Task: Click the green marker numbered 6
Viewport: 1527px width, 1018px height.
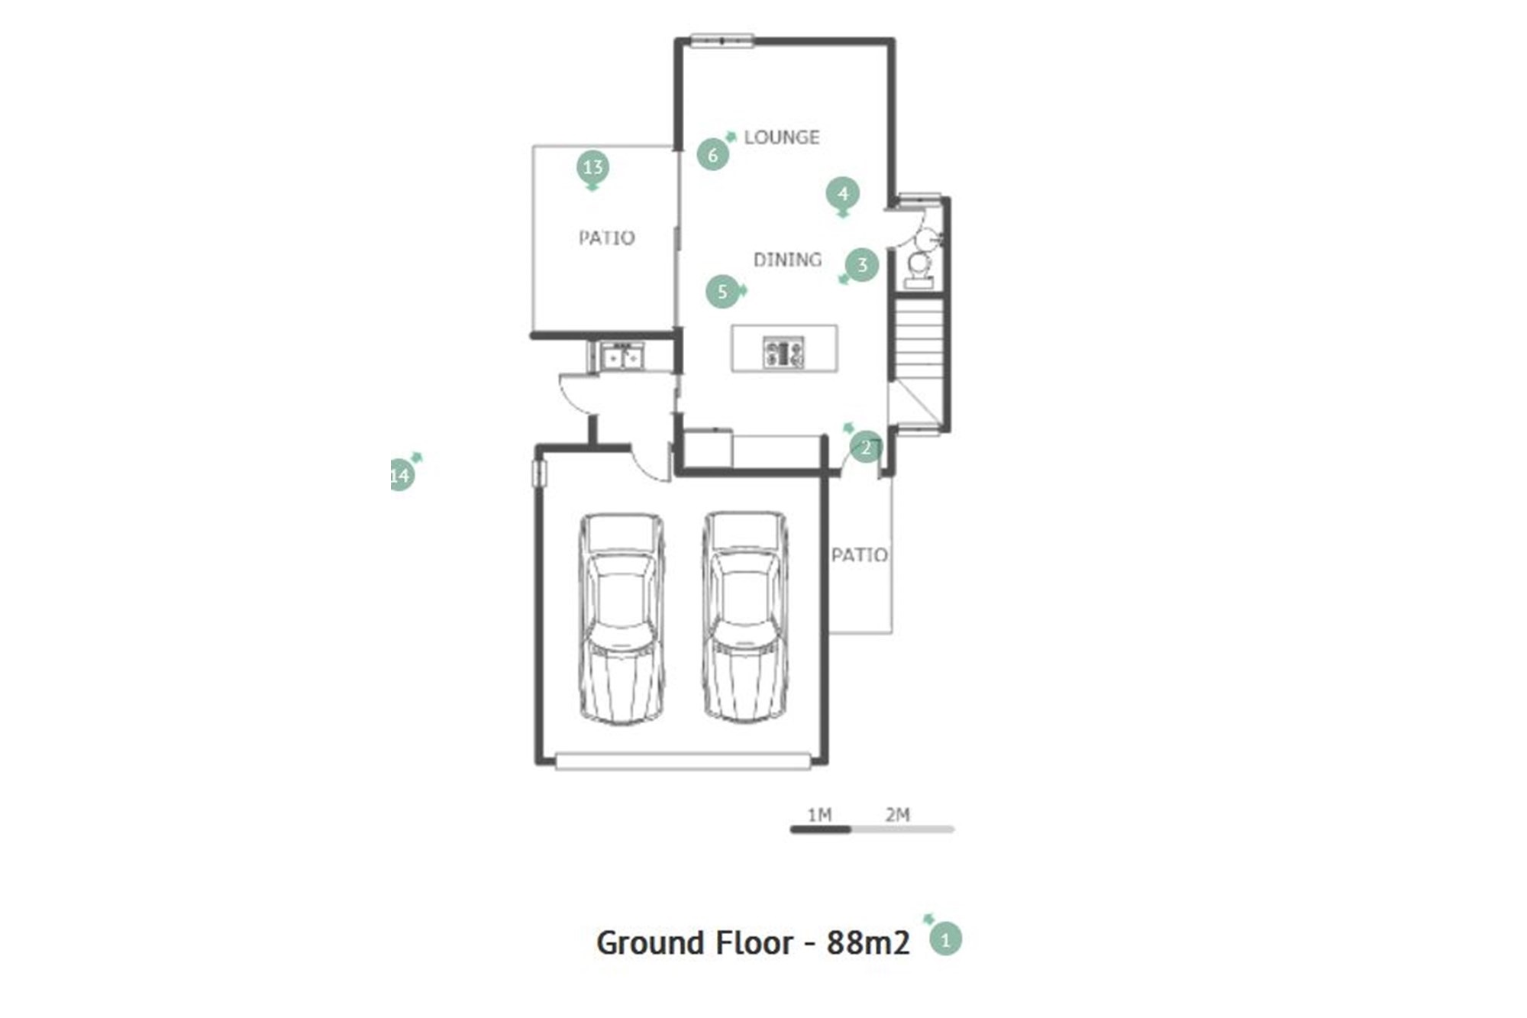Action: click(713, 154)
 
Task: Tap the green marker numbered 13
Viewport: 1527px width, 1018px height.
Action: click(592, 168)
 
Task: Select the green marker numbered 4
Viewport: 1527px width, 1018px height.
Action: click(842, 195)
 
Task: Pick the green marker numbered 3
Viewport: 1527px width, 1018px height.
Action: click(862, 265)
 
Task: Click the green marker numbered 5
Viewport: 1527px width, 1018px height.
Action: click(723, 291)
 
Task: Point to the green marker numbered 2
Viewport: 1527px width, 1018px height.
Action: click(865, 447)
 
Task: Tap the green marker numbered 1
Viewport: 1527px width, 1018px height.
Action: click(945, 939)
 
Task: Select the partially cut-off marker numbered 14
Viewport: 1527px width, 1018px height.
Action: click(402, 475)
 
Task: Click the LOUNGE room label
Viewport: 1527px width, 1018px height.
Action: click(782, 137)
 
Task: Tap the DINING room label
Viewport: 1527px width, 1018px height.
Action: click(787, 260)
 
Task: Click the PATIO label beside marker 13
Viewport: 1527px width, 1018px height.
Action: click(606, 238)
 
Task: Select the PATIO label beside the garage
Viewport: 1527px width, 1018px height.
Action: click(859, 554)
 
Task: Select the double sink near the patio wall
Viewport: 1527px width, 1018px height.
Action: click(622, 357)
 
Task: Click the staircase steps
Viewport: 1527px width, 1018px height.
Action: click(918, 341)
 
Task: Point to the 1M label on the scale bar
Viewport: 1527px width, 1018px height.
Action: click(819, 815)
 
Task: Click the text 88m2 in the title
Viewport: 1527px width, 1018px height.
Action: click(868, 943)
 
